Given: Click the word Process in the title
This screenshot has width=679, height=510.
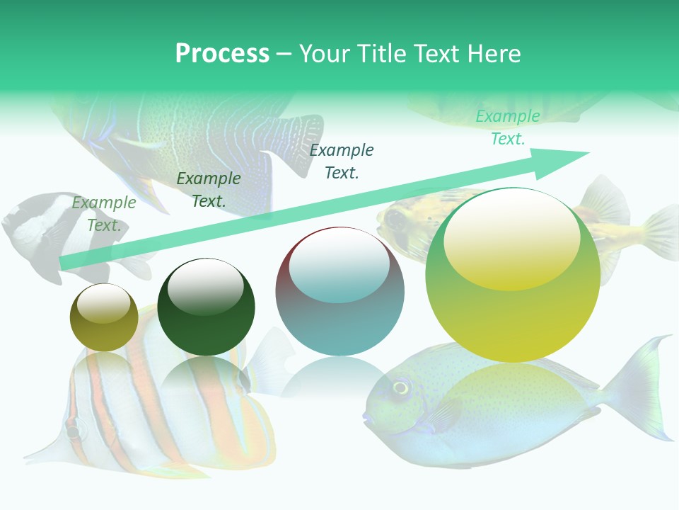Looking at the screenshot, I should pos(222,54).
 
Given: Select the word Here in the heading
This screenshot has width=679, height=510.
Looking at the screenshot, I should pos(492,54).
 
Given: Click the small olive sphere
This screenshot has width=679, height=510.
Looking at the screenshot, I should pos(104,318).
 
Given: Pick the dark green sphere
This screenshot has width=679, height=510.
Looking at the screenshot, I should pos(206,307).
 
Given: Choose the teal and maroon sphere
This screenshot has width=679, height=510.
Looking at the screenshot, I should pos(339,291).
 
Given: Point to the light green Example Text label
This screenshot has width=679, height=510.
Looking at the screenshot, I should pos(104,214).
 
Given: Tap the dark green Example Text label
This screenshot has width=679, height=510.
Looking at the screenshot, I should pos(209,190).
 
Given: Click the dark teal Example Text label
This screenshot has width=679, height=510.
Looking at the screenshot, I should pos(342,161).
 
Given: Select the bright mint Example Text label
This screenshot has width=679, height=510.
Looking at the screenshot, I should pos(507,127).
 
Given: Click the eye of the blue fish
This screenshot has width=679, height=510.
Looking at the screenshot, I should pos(401,387).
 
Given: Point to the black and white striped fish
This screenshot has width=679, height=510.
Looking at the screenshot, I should pos(35,234).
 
